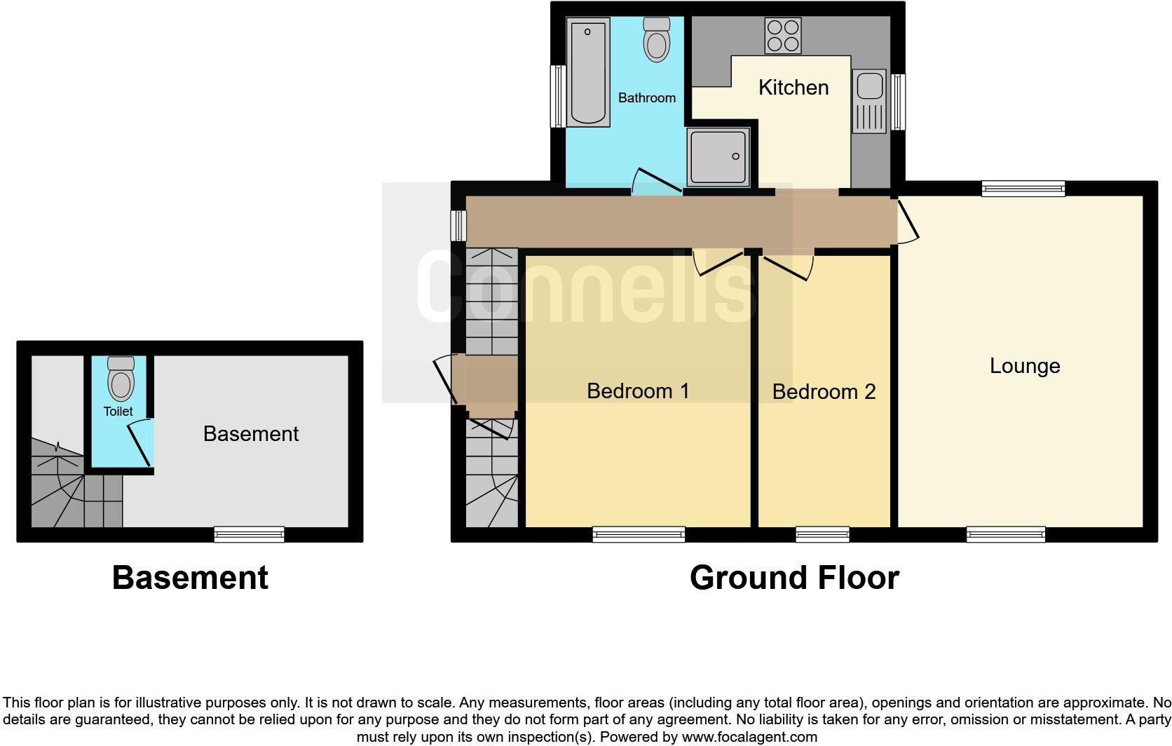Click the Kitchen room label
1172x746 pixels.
pos(793,88)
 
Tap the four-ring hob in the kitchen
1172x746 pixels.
pos(783,36)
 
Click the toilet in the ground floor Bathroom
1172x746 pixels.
pos(657,40)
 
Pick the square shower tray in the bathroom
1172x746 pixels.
pos(718,157)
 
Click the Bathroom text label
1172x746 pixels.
pos(646,98)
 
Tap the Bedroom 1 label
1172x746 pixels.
pos(638,391)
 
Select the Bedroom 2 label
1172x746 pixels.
pos(824,391)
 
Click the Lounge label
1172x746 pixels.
pos(1024,366)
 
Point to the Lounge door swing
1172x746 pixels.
pos(906,221)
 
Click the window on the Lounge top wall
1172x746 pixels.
pos(1023,187)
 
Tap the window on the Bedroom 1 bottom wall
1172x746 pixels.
pos(638,535)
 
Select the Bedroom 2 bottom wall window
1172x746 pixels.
pos(822,535)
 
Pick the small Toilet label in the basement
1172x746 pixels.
pos(118,412)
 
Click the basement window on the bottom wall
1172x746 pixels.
pos(249,535)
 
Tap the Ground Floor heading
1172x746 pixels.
pos(793,578)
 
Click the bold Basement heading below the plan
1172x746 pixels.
pos(190,578)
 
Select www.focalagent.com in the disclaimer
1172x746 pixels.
pos(749,737)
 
